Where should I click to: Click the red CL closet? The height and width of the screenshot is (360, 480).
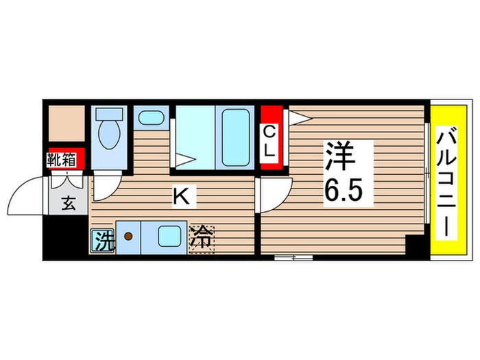click(269, 142)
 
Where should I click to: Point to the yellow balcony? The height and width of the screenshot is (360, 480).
click(450, 182)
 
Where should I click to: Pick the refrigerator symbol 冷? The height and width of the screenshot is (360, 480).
click(202, 239)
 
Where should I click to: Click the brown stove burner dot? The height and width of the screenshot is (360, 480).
click(128, 237)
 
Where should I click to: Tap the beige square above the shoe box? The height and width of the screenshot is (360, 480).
click(65, 123)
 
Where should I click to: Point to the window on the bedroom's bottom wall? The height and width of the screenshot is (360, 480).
click(293, 258)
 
